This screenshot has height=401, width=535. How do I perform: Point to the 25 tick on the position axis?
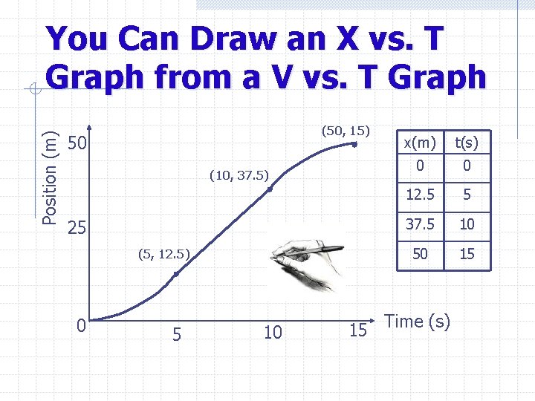click(x=78, y=227)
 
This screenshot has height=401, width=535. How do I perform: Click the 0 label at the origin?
click(x=82, y=326)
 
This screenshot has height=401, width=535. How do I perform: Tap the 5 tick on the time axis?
click(x=176, y=333)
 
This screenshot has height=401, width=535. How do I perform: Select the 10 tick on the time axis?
click(x=273, y=333)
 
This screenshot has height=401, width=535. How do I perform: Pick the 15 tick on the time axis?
click(x=358, y=330)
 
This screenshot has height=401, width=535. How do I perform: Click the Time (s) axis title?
click(x=418, y=322)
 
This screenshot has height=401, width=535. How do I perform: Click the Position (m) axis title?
click(x=51, y=175)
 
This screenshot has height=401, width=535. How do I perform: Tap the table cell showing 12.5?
click(x=420, y=195)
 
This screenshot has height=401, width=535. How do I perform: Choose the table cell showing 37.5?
click(x=420, y=224)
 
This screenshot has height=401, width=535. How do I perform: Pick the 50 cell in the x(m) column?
click(x=420, y=254)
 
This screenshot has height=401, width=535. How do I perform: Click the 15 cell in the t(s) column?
click(x=467, y=254)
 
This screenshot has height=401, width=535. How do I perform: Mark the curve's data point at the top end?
click(x=356, y=145)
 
